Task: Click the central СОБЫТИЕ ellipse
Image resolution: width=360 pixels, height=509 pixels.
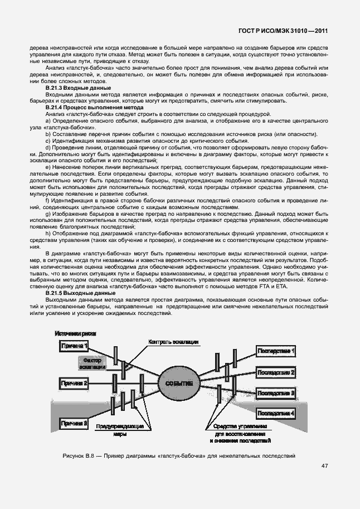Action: coord(179,384)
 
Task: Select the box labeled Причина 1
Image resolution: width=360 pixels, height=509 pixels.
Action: coord(74,347)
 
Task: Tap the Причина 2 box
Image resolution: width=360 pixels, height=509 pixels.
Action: coord(74,383)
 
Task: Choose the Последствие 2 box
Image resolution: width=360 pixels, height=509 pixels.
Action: coord(276,372)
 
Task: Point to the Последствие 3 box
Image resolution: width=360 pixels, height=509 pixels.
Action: coord(276,392)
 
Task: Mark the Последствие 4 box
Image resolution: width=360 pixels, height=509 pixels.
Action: coord(276,413)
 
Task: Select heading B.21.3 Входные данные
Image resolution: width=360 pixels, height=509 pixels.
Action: coord(77,88)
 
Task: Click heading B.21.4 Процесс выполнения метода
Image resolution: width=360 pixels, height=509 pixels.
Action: coord(94,107)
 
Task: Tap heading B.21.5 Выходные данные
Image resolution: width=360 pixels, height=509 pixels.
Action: coord(80,293)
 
